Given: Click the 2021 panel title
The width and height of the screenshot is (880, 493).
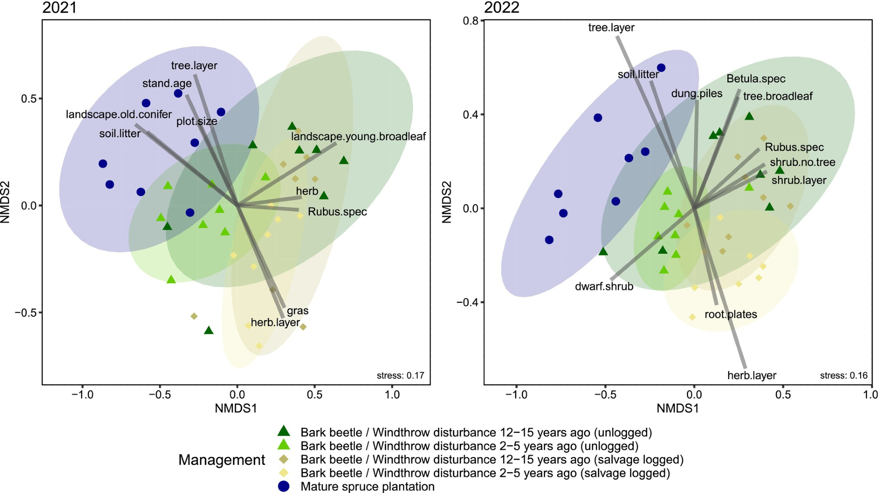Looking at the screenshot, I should pyautogui.click(x=59, y=8).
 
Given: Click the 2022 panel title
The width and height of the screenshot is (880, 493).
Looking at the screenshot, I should pyautogui.click(x=502, y=8).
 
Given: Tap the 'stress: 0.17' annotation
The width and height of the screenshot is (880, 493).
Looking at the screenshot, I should pyautogui.click(x=400, y=376).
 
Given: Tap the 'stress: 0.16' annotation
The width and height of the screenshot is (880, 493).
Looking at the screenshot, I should pyautogui.click(x=843, y=376).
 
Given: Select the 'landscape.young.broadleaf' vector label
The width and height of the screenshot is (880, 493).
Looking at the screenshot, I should pyautogui.click(x=358, y=137).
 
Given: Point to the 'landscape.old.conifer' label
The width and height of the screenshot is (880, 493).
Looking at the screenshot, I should pyautogui.click(x=119, y=115).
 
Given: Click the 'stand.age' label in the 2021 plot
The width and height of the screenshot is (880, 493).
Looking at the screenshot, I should pyautogui.click(x=167, y=83).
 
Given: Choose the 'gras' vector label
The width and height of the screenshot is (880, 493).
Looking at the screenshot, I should pyautogui.click(x=297, y=311).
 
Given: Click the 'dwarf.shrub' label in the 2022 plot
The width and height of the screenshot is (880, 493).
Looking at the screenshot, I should pyautogui.click(x=604, y=287).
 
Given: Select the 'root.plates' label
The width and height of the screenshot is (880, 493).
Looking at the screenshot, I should pyautogui.click(x=731, y=315).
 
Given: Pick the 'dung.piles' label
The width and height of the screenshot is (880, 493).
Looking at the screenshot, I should pyautogui.click(x=697, y=94).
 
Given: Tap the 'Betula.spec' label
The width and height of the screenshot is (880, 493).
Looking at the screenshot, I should pyautogui.click(x=756, y=79).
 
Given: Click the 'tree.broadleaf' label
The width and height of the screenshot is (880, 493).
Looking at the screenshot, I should pyautogui.click(x=777, y=96).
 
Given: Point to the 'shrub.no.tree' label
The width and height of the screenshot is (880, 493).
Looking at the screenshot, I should pyautogui.click(x=803, y=163).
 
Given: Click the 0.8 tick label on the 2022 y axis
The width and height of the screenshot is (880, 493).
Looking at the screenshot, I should pyautogui.click(x=471, y=21).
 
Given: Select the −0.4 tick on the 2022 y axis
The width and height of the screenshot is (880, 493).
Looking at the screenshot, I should pyautogui.click(x=467, y=302).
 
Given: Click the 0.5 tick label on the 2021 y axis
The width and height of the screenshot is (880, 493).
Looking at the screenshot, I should pyautogui.click(x=29, y=99).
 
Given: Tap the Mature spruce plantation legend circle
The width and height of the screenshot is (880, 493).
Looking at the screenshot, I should pyautogui.click(x=284, y=486).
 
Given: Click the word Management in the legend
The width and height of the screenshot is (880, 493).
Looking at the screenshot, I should pyautogui.click(x=221, y=460).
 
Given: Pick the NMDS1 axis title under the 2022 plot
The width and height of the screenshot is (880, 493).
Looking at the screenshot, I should pyautogui.click(x=678, y=409).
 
